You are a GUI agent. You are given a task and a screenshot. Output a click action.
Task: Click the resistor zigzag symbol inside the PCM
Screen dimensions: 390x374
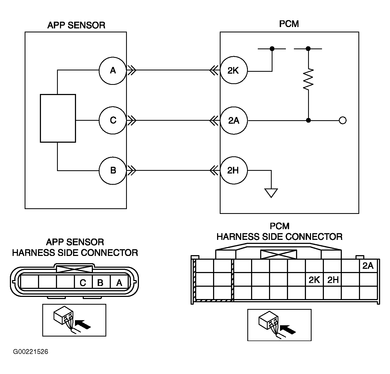point(308,79)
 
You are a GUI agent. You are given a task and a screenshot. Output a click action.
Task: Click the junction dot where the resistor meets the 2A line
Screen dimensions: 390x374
point(308,120)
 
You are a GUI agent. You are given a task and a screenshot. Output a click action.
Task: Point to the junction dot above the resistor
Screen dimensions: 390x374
point(308,49)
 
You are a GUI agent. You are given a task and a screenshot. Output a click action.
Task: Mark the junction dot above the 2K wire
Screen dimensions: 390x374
point(272,49)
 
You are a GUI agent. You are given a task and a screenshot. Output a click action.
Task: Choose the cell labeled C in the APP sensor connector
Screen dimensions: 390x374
point(83,282)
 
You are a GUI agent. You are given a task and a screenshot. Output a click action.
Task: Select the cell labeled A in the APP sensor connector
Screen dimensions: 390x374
point(119,282)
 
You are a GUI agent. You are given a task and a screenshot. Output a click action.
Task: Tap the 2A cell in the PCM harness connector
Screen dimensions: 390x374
point(368,266)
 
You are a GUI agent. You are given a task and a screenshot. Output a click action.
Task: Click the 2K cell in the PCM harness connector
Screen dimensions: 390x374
point(314,279)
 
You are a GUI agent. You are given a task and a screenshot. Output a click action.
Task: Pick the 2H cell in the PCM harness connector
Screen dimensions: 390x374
point(332,279)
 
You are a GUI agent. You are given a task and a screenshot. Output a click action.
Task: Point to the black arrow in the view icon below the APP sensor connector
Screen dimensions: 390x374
point(83,324)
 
